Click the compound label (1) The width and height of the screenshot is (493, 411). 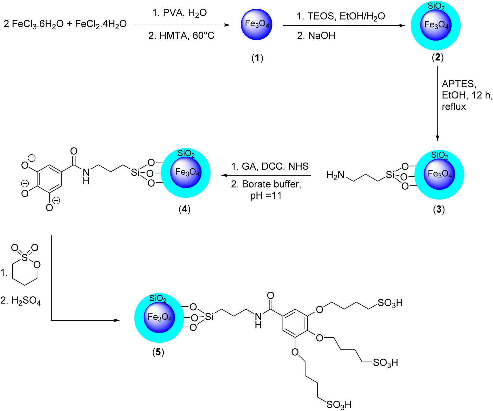point(257,58)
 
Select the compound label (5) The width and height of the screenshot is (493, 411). point(158,352)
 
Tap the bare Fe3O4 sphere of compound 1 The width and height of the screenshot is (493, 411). point(257,24)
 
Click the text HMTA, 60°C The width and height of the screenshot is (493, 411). point(182,36)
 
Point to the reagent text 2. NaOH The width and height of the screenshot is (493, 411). point(316,36)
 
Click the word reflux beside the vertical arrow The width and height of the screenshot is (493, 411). point(454,106)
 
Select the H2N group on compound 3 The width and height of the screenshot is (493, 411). point(335,175)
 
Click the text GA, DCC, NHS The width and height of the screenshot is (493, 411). point(270,166)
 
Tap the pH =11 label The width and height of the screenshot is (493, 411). point(266,196)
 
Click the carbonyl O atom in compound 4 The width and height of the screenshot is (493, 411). point(74,151)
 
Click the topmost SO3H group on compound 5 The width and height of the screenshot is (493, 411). point(390,303)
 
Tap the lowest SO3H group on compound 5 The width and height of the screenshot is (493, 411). point(339,404)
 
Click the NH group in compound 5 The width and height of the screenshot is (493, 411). point(258,320)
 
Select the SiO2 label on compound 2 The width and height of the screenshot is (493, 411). point(436,7)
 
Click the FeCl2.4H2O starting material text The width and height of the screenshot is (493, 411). point(101,24)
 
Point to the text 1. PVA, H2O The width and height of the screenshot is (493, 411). point(179,13)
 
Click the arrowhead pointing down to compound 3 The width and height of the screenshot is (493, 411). point(437,138)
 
